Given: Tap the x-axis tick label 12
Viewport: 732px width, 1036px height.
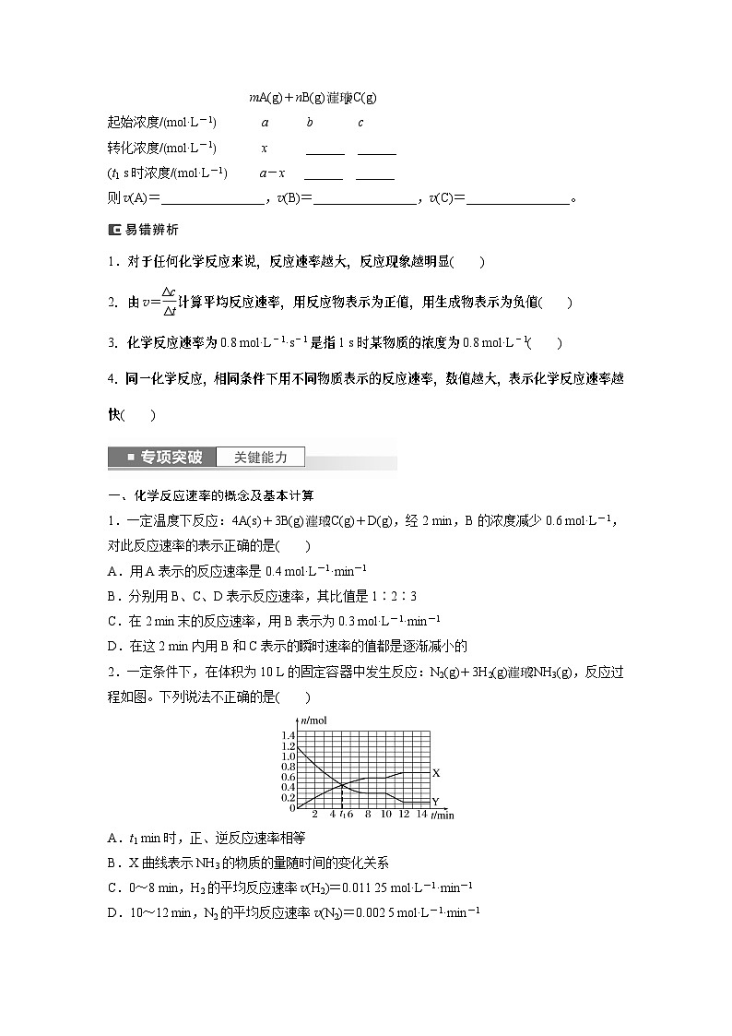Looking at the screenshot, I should (404, 815).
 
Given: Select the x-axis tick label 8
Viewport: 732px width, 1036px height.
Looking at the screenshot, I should (368, 815).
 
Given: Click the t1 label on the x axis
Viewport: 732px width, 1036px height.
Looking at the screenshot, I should (342, 815).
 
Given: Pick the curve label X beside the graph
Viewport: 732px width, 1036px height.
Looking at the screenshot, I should (436, 772).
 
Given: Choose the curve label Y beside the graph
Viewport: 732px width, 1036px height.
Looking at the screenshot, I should (435, 801).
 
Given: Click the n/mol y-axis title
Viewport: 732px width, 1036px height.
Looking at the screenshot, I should (314, 720).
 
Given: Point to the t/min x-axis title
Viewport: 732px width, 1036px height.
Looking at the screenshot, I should (443, 816).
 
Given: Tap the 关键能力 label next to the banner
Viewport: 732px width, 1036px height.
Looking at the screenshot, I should (261, 457).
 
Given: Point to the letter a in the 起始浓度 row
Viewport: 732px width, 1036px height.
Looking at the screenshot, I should (265, 123).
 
